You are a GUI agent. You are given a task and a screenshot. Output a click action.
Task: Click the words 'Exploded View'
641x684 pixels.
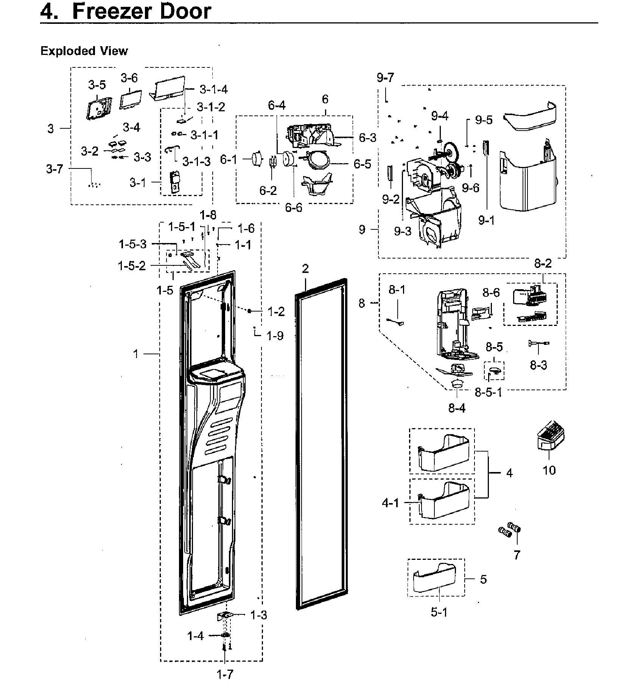tap(84, 51)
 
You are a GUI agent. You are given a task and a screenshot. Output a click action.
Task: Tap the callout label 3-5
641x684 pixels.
tap(97, 85)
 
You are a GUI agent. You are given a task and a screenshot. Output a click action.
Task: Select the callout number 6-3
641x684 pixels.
tap(367, 138)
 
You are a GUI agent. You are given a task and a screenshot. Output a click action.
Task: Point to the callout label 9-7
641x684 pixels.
tap(385, 78)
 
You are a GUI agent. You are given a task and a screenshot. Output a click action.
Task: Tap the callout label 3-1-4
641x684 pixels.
tap(214, 89)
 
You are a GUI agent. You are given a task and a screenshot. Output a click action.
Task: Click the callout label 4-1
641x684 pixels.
tap(391, 503)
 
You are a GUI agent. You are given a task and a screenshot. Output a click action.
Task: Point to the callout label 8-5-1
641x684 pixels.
tap(488, 392)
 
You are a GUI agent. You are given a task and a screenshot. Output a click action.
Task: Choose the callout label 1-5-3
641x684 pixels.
tap(132, 244)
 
